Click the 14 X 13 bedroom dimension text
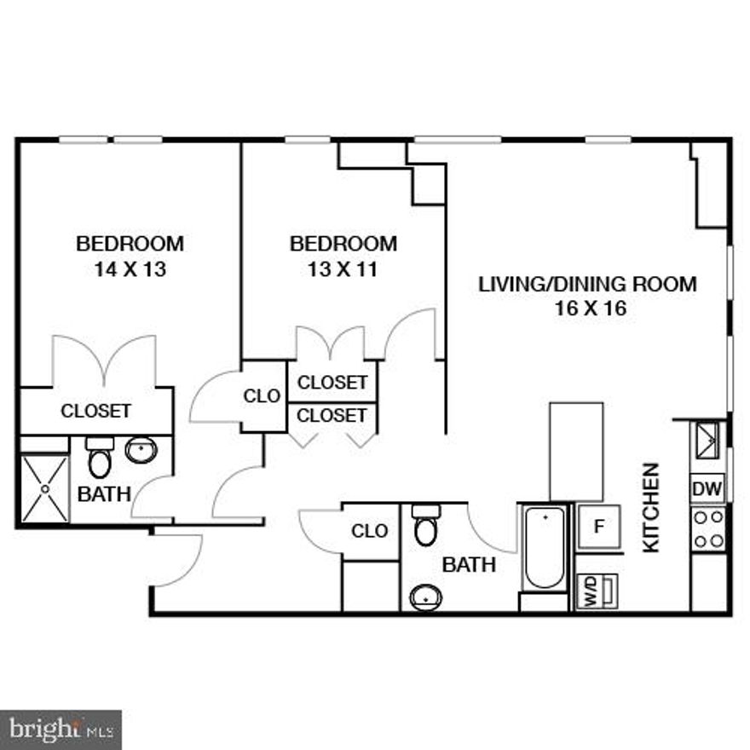coord(130,270)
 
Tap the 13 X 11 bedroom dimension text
coord(343,270)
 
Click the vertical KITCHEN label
coord(651,507)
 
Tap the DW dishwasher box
coord(707,490)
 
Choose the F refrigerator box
coord(598,526)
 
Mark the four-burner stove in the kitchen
coord(708,529)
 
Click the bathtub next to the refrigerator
coord(545,547)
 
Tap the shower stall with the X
coord(44,489)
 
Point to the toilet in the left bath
coord(100,459)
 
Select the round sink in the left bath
coord(140,449)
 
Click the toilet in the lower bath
coord(425,526)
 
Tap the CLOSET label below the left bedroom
coord(96,411)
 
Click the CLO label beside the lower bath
coord(370,531)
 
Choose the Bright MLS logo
coord(61,730)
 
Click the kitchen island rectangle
coord(576,451)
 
